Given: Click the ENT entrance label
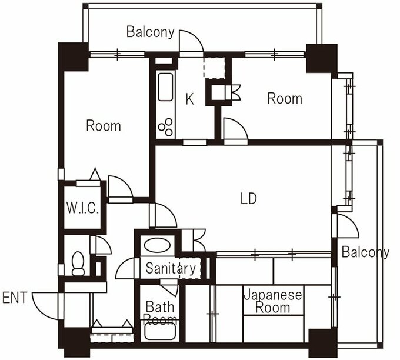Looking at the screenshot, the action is click(x=15, y=298).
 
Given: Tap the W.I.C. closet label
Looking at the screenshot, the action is click(x=82, y=208).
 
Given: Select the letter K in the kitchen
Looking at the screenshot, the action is click(x=189, y=99).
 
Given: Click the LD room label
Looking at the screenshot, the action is click(x=248, y=198).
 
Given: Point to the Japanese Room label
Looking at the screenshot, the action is click(x=273, y=301).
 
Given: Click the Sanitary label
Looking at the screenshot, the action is click(x=171, y=268).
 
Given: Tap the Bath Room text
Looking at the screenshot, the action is click(x=160, y=313).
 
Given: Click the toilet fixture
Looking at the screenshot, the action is click(x=78, y=264).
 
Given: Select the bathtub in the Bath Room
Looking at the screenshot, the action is click(x=160, y=331).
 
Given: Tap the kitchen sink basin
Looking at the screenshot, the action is click(x=165, y=87).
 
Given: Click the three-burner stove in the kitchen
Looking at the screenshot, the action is click(x=165, y=127).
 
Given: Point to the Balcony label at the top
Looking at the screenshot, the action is click(x=151, y=32).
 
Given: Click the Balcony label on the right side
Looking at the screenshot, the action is click(x=365, y=252).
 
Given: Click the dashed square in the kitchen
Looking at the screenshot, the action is click(x=214, y=68).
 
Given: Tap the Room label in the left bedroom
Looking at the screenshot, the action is click(x=104, y=126).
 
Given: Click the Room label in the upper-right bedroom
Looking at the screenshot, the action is click(x=285, y=98).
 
